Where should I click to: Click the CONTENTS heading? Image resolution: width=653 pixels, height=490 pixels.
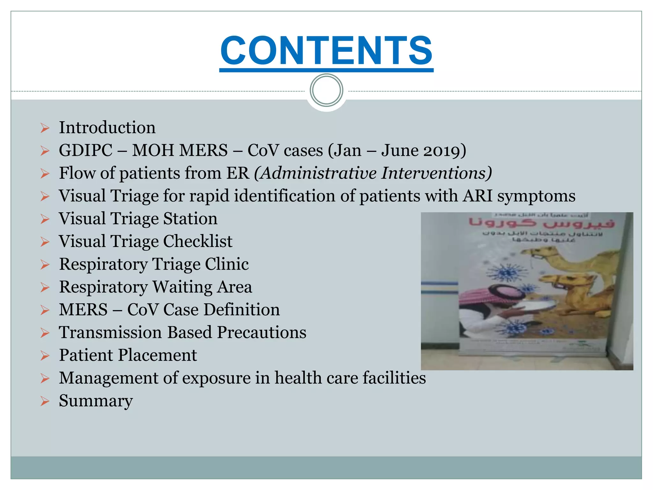coord(326,50)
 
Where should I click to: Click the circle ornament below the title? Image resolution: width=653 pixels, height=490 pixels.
coord(326,90)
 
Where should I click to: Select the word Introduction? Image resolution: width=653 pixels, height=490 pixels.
coord(107,128)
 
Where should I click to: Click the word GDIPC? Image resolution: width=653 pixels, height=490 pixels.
coord(85,151)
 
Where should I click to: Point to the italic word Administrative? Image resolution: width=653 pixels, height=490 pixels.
coord(319,173)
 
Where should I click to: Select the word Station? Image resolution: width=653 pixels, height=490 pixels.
coord(190,219)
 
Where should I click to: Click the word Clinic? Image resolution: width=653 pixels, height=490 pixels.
coord(226,264)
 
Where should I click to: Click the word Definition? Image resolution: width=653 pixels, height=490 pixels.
coord(241,310)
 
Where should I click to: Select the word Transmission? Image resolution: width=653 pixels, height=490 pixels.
coord(110,332)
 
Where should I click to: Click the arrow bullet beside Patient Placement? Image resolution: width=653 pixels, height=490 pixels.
coord(45,356)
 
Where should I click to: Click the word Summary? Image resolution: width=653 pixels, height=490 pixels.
coord(96,401)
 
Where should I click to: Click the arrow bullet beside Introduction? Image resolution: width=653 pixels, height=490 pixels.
coord(45,128)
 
